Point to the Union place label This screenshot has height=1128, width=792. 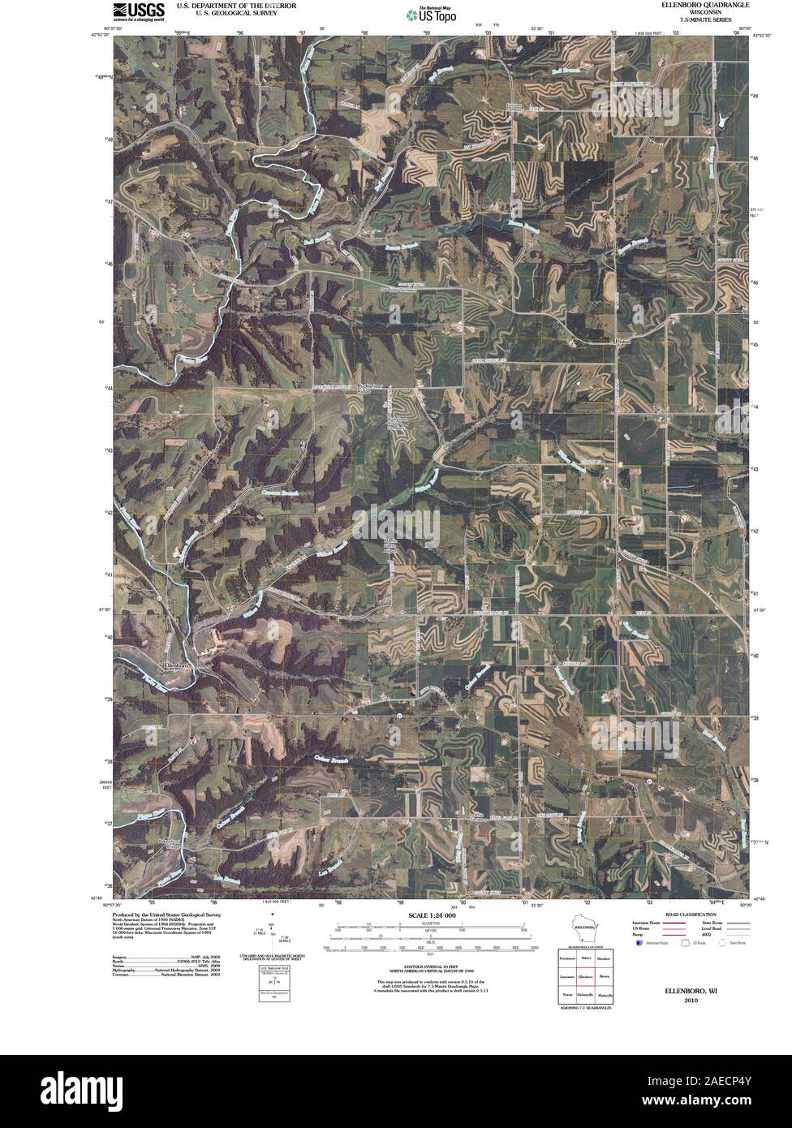coord(622,342)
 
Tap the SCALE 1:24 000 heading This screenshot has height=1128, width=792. coord(428,915)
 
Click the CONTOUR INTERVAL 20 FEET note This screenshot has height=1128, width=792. coord(428,958)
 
